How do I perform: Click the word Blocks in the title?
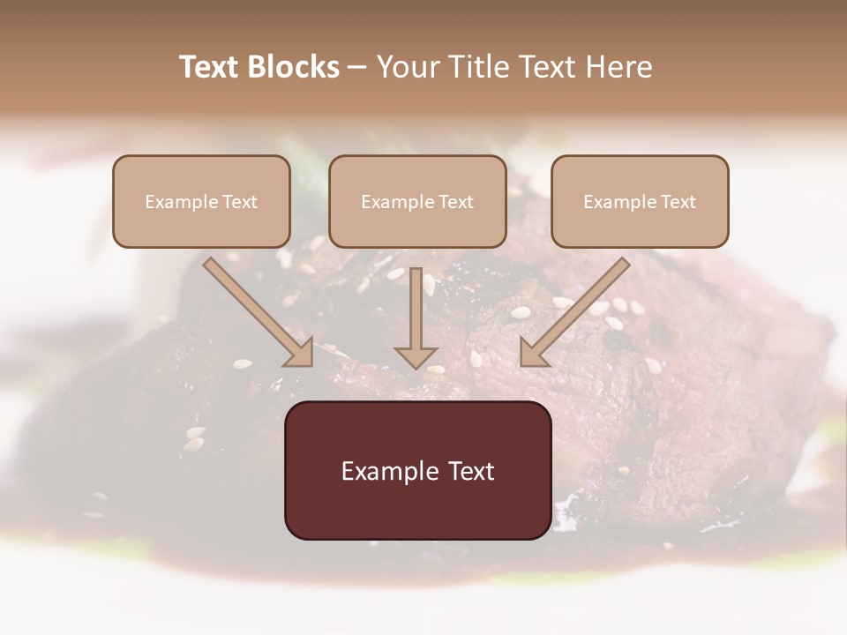295,67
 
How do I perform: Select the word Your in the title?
408,67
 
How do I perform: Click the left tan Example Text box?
201,201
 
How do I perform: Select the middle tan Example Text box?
417,201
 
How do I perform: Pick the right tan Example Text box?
640,201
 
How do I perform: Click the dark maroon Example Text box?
417,470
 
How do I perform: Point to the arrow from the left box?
256,310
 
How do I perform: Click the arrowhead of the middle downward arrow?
416,356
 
